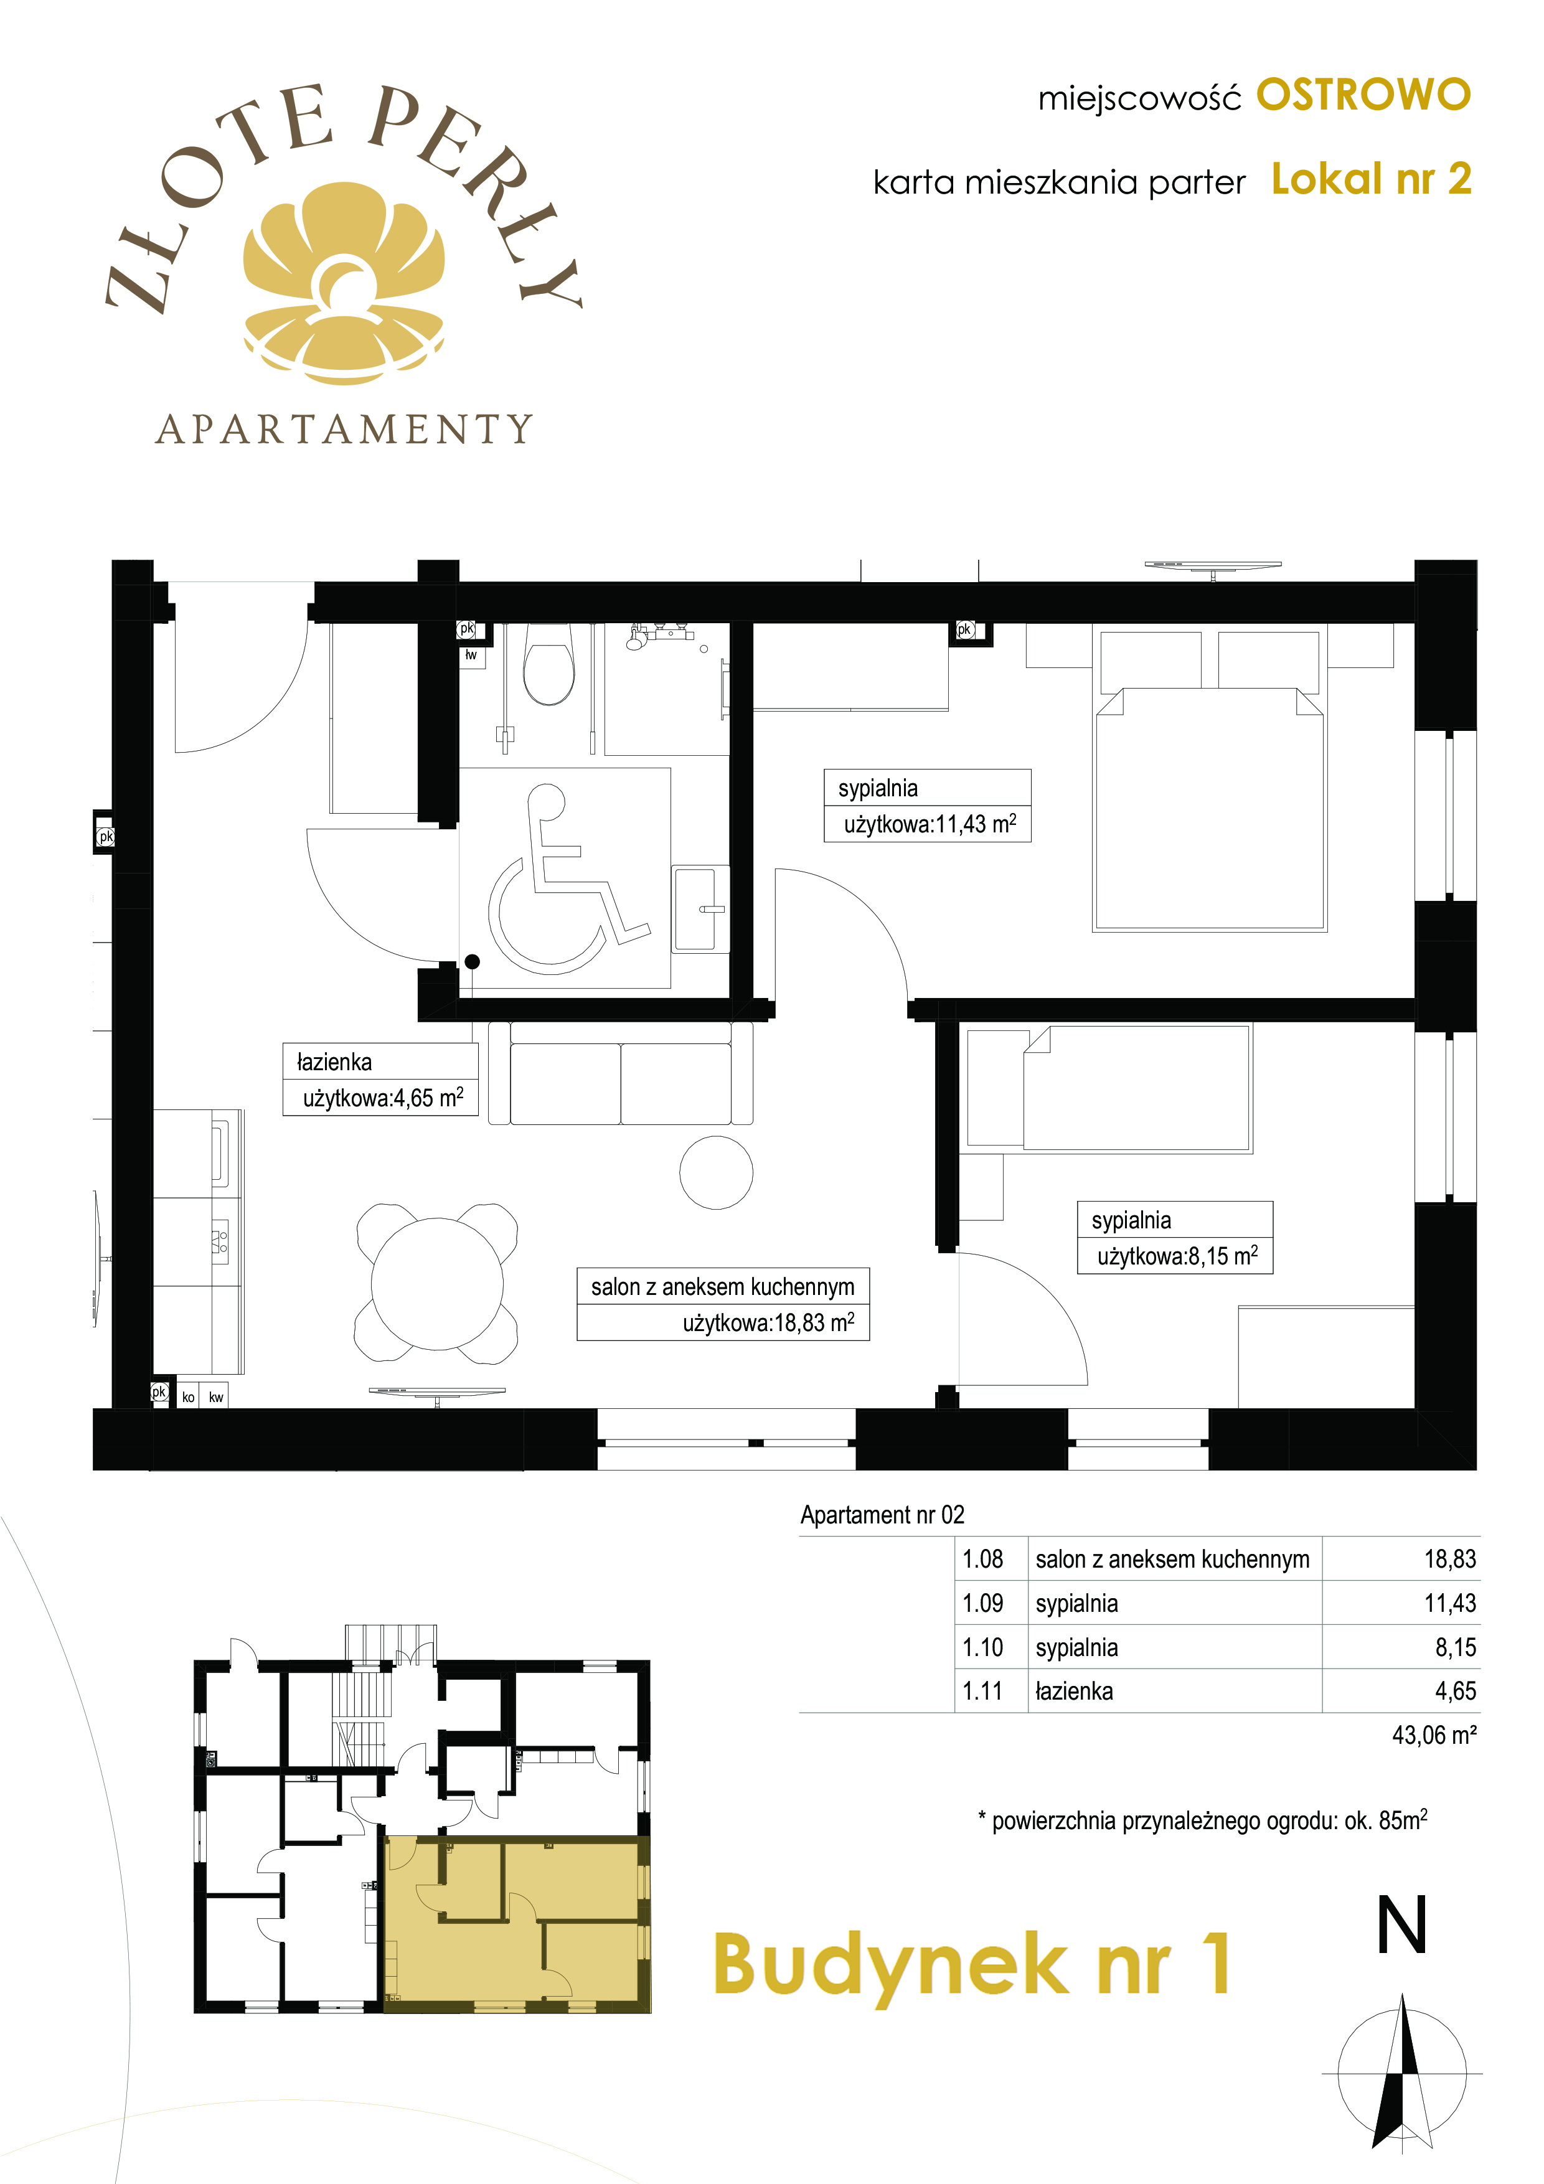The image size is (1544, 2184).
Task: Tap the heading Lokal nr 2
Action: pos(1371,179)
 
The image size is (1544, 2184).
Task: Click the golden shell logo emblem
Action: pos(344,283)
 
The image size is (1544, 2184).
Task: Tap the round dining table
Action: pos(436,1283)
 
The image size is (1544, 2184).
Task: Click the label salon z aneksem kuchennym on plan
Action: pos(723,1286)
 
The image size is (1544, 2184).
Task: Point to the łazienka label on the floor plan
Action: pos(334,1061)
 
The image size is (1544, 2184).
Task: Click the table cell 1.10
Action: pos(982,1647)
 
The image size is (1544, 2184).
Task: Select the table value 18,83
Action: pos(1450,1559)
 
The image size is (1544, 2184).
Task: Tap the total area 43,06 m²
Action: pos(1434,1735)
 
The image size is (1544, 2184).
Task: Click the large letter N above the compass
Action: pos(1402,1924)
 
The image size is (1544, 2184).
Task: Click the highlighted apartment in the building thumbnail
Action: pos(515,1923)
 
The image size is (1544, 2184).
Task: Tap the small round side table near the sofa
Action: pos(717,1173)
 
